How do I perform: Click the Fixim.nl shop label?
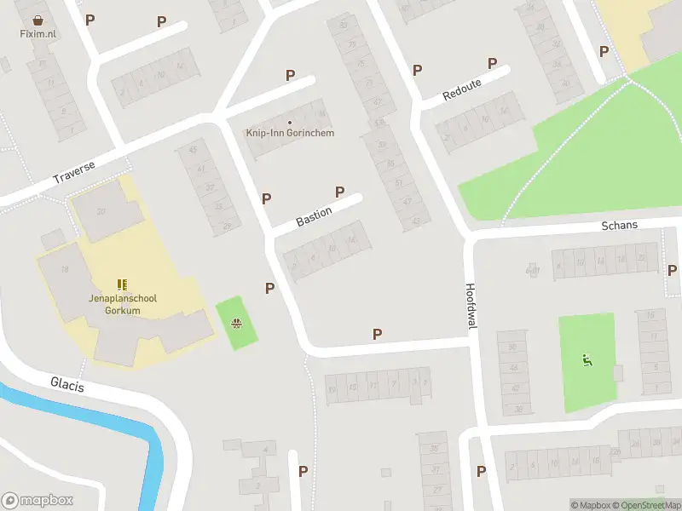(38, 33)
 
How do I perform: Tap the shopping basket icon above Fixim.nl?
(38, 19)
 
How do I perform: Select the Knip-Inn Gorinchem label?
(290, 133)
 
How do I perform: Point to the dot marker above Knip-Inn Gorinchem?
(290, 122)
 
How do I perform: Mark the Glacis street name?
(67, 385)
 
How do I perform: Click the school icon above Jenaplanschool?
(122, 284)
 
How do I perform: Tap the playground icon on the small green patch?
(236, 323)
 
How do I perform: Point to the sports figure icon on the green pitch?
(586, 360)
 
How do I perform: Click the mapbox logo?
(38, 501)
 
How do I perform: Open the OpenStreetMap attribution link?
(644, 505)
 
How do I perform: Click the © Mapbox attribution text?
(590, 505)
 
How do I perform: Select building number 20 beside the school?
(101, 211)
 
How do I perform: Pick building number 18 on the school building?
(65, 269)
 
